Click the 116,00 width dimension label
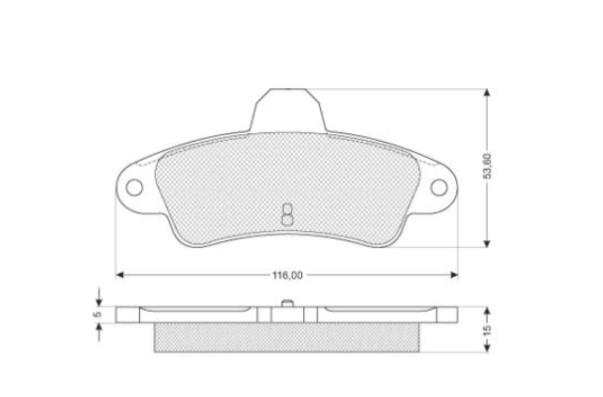(x=287, y=276)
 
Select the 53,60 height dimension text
(x=487, y=166)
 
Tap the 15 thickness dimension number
(x=487, y=331)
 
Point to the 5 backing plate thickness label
(x=98, y=314)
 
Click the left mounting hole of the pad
(x=134, y=188)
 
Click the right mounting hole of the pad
(x=439, y=188)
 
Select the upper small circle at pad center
(x=287, y=208)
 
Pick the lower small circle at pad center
(x=287, y=219)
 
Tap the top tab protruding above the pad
(x=288, y=110)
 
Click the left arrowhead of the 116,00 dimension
(x=119, y=275)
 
